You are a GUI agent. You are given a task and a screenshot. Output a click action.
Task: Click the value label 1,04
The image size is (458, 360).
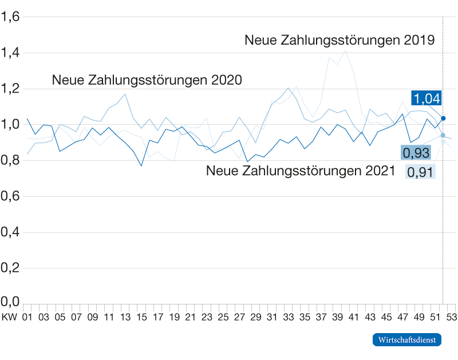coord(426,98)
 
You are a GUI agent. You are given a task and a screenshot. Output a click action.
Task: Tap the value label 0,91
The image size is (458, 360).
coord(421,171)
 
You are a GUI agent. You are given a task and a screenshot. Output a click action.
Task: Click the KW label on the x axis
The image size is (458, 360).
coord(9,316)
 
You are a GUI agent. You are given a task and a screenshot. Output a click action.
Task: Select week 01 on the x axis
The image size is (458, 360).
coord(26,316)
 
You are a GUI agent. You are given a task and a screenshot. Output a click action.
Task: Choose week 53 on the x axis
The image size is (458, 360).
coord(451,316)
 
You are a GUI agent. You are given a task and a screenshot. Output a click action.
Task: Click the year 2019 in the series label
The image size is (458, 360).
coord(418,40)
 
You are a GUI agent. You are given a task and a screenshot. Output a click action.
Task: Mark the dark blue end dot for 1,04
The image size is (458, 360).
coord(444,118)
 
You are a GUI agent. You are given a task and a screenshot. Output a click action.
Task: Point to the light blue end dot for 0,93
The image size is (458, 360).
coord(443,136)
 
